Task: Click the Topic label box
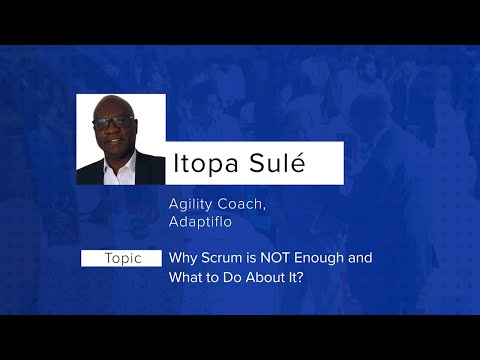[x=121, y=258]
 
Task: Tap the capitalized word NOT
[x=275, y=258]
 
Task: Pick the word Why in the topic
[x=182, y=258]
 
